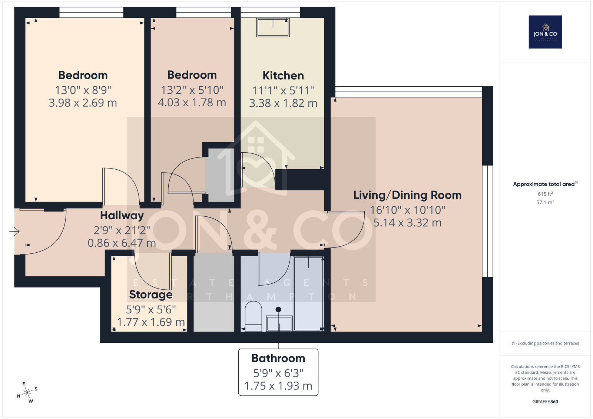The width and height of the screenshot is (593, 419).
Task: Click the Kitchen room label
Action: click(x=283, y=76)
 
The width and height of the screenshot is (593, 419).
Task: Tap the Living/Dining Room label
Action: click(x=407, y=195)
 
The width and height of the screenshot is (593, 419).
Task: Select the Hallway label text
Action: click(x=122, y=216)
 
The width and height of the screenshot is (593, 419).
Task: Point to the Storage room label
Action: click(x=150, y=295)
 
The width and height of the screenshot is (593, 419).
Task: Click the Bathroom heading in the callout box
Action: click(x=278, y=358)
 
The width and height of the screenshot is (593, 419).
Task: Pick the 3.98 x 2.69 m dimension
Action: click(x=83, y=103)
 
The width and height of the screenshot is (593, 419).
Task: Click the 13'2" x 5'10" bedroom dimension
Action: click(x=192, y=90)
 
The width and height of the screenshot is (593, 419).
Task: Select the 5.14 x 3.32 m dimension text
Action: click(x=407, y=223)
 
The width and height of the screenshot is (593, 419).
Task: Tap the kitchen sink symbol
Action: click(x=273, y=27)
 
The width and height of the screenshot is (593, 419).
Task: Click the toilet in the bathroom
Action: click(x=254, y=316)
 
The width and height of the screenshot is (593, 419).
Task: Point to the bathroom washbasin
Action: click(x=279, y=323)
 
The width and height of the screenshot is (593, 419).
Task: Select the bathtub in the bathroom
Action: click(x=308, y=293)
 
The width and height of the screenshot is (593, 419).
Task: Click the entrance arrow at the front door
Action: click(x=14, y=232)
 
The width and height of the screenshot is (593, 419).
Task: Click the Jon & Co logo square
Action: click(x=545, y=32)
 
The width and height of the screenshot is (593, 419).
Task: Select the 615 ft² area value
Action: click(x=545, y=194)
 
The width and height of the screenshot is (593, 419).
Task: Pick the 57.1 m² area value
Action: click(x=545, y=202)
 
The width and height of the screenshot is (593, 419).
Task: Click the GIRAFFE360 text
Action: click(x=545, y=402)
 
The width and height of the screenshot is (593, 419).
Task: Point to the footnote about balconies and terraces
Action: click(x=545, y=343)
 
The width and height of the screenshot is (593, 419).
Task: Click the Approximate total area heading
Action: click(x=545, y=184)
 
